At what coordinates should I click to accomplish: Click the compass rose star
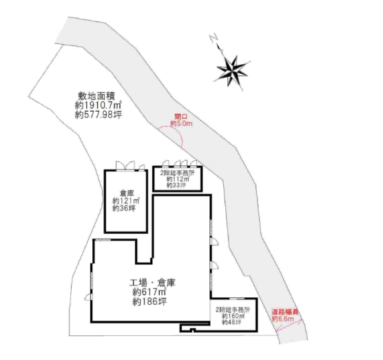coord(232,70)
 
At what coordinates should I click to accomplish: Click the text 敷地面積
coord(96,96)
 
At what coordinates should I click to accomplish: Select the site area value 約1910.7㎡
coord(99,106)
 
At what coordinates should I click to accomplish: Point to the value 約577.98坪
coord(99,114)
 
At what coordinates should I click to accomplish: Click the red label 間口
coord(180,117)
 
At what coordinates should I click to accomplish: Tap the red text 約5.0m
coord(181,123)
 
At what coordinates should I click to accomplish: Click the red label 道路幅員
coord(285,312)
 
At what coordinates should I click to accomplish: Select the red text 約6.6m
coord(283,319)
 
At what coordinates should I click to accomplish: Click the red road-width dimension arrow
coord(289,326)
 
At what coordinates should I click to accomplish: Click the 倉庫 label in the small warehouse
coord(127,194)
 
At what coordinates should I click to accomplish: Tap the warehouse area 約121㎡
coord(126,201)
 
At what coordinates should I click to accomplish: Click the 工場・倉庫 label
coord(152,283)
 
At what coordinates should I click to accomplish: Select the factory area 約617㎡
coord(149,292)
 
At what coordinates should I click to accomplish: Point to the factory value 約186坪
coord(149,301)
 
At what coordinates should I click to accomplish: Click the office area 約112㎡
coord(177,179)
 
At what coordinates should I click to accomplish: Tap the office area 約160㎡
coord(232,316)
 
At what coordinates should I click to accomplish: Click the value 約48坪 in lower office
coord(231,322)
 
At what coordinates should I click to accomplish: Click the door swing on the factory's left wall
coord(87,297)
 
